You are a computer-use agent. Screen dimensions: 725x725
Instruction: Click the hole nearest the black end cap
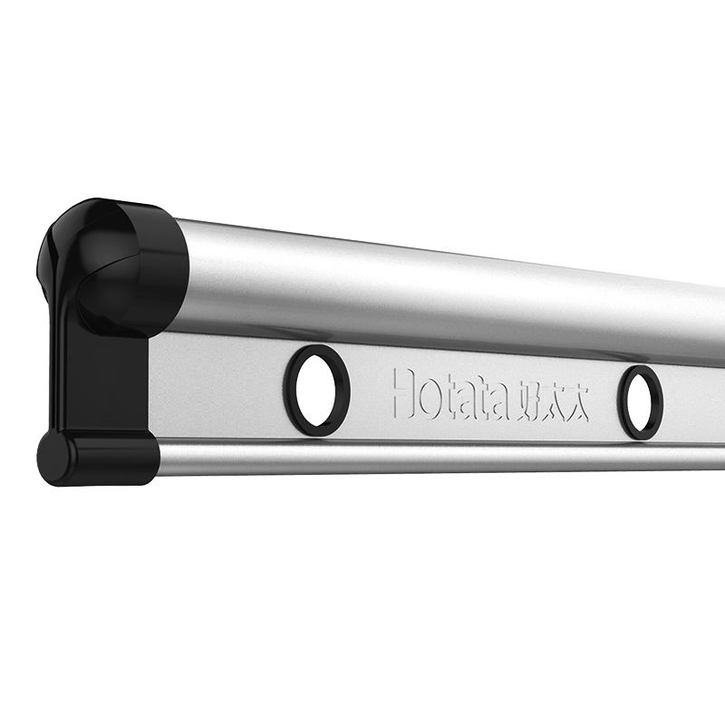315,391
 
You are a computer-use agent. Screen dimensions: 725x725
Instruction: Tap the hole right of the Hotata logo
640,401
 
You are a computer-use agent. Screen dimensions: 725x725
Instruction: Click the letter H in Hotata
404,392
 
